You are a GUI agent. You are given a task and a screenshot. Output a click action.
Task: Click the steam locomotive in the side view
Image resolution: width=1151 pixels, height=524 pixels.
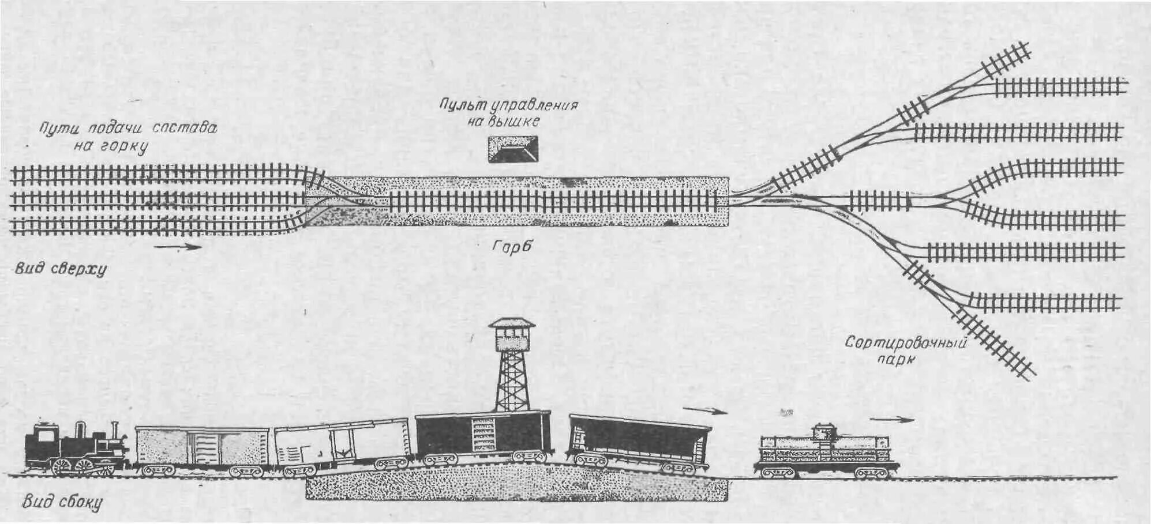(x=75, y=450)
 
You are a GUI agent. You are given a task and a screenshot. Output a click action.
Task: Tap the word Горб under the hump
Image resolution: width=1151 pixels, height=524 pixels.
(x=511, y=247)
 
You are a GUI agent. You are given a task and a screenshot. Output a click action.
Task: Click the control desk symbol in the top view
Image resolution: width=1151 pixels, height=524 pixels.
(x=513, y=149)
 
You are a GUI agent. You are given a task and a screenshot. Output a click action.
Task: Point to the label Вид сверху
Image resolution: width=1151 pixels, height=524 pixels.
(x=61, y=269)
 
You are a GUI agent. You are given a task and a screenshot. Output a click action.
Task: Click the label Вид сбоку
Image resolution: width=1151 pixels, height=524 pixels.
(x=62, y=502)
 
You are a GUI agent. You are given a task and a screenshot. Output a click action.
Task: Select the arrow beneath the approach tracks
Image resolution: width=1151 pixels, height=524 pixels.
(x=178, y=247)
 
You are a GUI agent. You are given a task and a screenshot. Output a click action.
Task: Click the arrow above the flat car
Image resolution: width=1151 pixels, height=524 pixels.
(x=891, y=420)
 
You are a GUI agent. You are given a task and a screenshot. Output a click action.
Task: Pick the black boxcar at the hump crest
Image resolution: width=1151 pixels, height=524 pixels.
(x=482, y=435)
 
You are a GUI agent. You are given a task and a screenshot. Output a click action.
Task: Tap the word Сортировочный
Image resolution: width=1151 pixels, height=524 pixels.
(x=905, y=343)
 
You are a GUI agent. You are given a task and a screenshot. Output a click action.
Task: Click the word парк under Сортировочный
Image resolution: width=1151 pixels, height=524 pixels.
(x=898, y=361)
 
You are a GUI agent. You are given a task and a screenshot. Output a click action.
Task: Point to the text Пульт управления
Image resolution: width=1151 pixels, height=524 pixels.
(x=508, y=105)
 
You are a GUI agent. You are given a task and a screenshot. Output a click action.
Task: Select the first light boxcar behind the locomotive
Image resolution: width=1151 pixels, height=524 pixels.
(x=202, y=448)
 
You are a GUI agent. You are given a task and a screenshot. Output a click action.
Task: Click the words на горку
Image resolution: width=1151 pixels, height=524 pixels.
(x=111, y=146)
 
